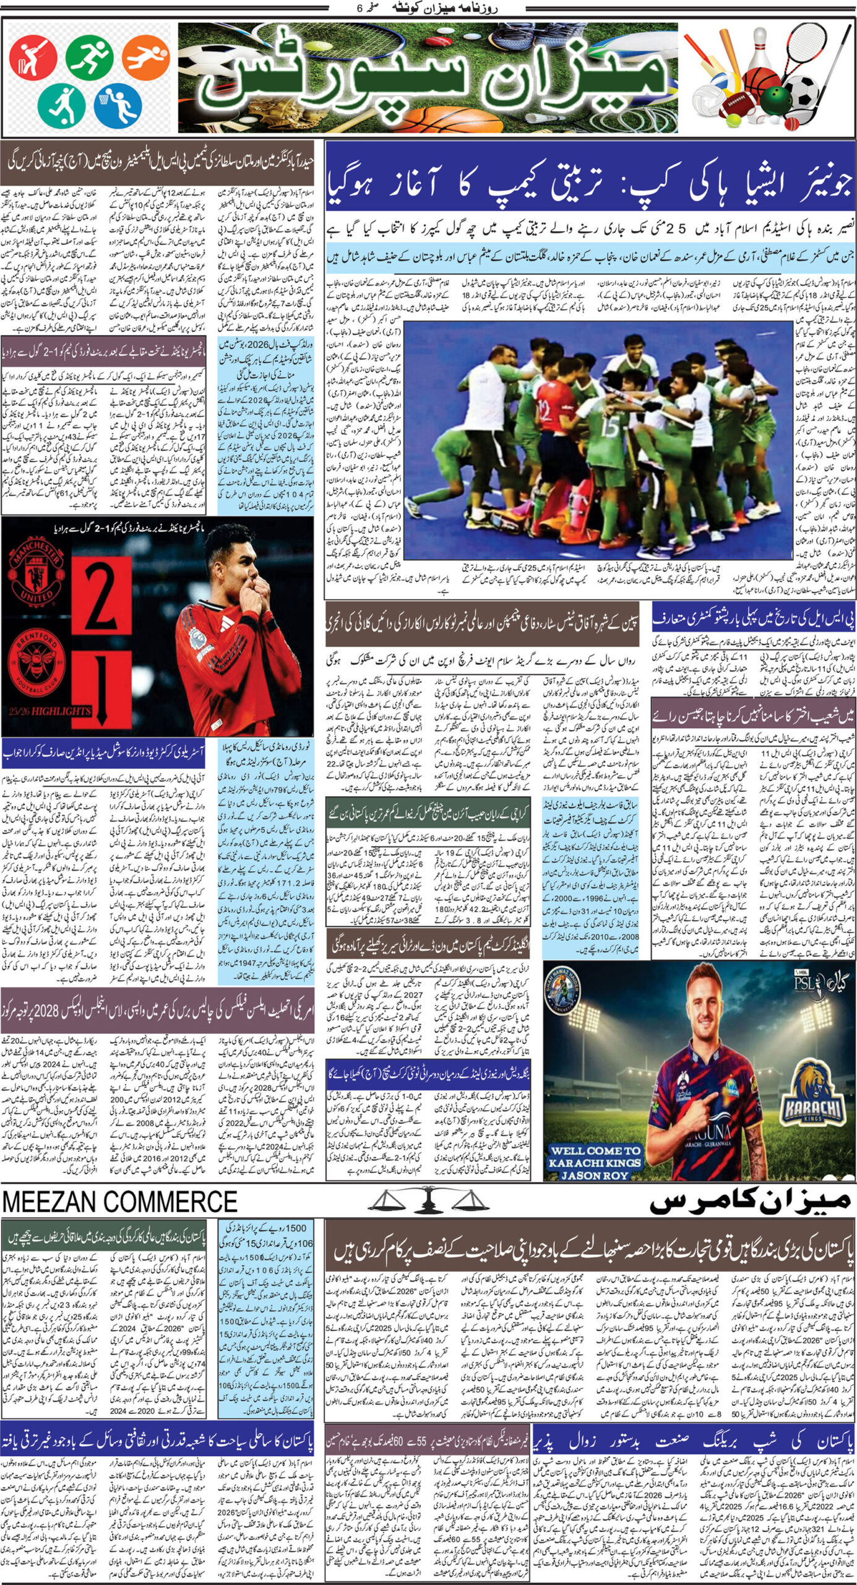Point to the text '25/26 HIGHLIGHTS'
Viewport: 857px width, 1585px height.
[50, 711]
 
